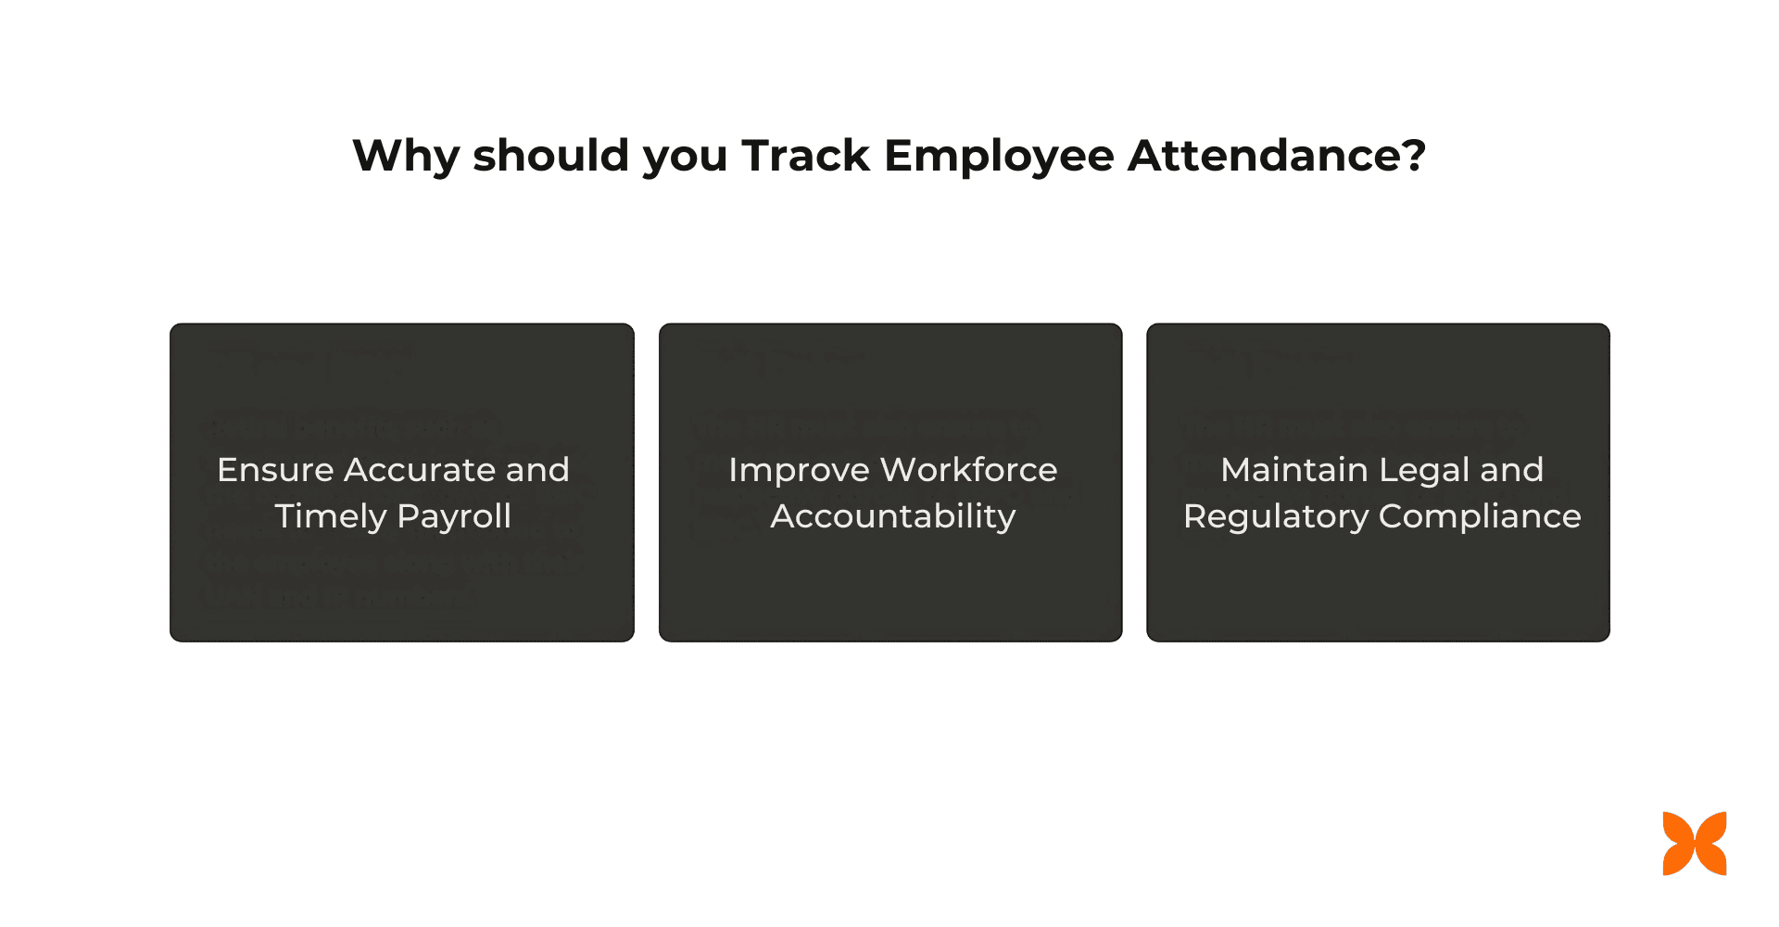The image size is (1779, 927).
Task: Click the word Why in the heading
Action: point(406,156)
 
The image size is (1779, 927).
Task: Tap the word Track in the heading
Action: point(805,155)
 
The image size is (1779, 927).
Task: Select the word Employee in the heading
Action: point(999,156)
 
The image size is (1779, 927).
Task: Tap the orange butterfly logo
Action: point(1695,844)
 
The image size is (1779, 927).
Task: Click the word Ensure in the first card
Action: point(274,470)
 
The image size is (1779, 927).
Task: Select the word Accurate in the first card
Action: point(420,470)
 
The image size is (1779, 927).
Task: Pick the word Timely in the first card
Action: point(329,516)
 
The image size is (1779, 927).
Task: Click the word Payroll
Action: point(453,516)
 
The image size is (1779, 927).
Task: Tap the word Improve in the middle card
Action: point(798,470)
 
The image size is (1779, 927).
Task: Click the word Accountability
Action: point(892,516)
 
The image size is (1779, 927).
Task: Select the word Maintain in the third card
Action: point(1293,470)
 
